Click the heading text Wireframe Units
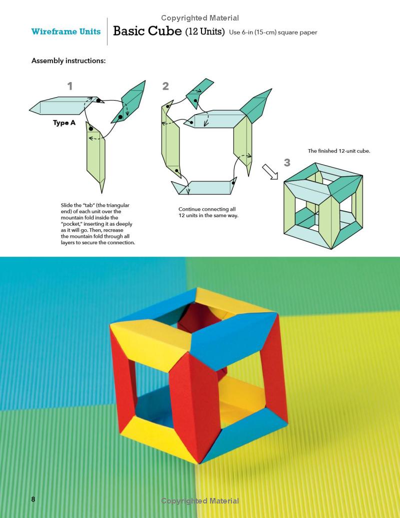65,32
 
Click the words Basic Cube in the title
147,31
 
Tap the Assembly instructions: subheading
68,61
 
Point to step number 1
70,86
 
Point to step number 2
165,86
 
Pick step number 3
287,162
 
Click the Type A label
64,123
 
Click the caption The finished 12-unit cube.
338,151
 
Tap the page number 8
33,499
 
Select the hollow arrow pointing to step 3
270,173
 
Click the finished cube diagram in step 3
322,205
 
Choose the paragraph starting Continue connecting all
208,212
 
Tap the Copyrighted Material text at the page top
200,18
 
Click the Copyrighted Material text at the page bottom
200,500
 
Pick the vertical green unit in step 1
97,155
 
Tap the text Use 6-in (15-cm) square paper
273,33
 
